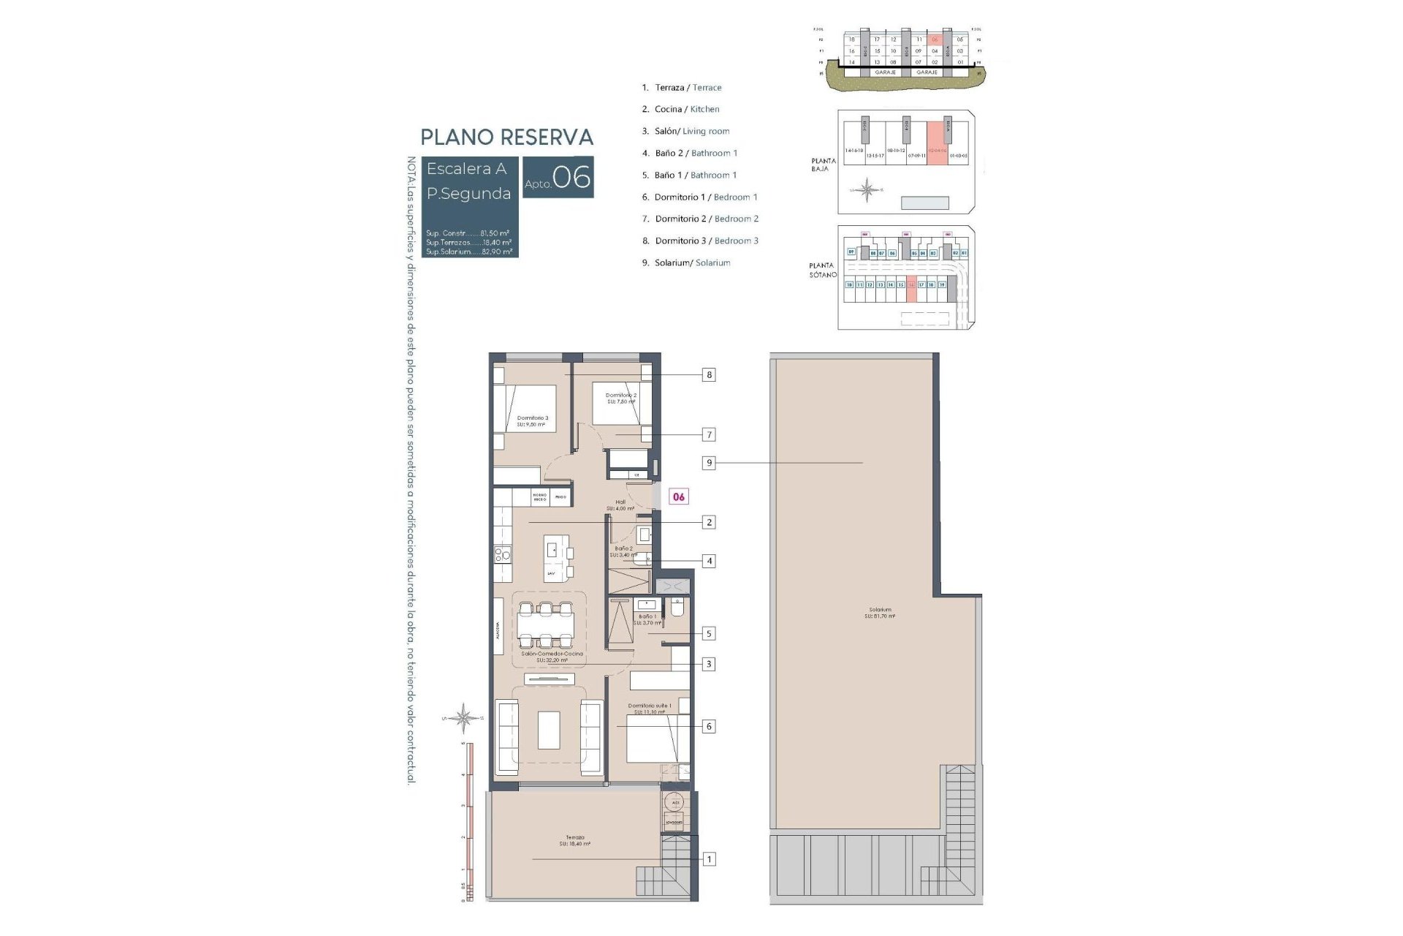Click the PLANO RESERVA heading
506,137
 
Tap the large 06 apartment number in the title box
571,177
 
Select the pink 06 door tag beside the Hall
679,497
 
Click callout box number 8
708,375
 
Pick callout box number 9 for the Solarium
708,463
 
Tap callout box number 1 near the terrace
708,859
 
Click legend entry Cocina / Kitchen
680,110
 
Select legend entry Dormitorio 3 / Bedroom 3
700,241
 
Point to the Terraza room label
575,840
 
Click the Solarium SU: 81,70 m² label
880,613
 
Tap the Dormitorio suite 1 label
649,709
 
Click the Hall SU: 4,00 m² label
620,505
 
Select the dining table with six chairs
546,624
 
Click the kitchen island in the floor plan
556,557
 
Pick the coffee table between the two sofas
549,731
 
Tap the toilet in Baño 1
676,608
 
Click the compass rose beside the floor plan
464,717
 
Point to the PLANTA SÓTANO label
822,270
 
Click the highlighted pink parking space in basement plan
911,291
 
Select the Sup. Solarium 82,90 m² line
468,252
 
